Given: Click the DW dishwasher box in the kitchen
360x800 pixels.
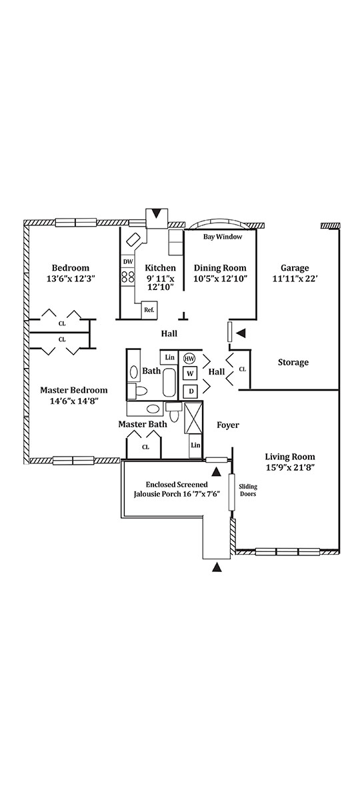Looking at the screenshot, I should click(128, 261).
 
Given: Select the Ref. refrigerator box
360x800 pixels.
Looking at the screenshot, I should click(149, 310).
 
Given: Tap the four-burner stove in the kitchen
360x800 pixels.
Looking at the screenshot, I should click(128, 277).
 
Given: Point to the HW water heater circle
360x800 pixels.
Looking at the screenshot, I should click(190, 358).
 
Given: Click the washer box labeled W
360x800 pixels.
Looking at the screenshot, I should click(190, 373).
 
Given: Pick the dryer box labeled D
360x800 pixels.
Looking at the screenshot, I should click(190, 391).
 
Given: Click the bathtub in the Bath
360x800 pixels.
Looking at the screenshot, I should click(169, 383).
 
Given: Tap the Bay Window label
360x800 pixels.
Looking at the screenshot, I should click(223, 237).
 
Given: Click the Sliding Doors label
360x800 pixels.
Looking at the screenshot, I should click(248, 490).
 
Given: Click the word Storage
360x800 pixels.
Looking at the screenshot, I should click(293, 363).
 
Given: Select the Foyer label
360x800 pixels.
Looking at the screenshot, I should click(228, 425).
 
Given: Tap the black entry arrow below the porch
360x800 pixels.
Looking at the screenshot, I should click(217, 567).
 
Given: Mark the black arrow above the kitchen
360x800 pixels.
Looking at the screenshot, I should click(156, 214).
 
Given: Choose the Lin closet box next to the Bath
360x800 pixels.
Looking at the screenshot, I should click(170, 357).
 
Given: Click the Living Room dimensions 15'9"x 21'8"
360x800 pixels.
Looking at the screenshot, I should click(289, 467).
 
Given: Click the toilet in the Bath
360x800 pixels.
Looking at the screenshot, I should click(141, 390).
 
